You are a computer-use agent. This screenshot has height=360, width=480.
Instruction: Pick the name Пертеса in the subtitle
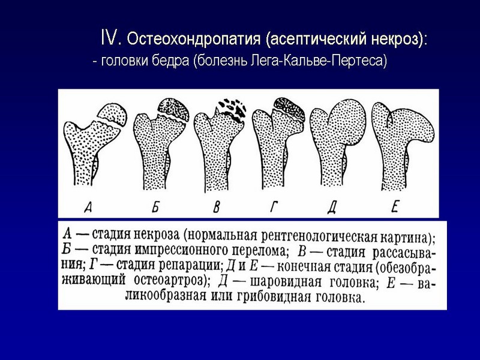coord(361,61)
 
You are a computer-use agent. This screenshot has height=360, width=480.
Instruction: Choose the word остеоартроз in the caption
coord(171,280)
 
